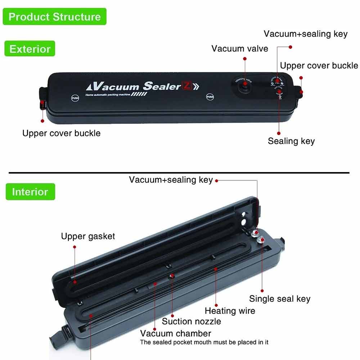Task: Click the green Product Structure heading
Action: [54, 17]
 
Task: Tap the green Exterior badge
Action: [30, 49]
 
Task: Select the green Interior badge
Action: [30, 192]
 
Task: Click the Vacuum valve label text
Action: [240, 49]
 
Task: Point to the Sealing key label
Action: [291, 141]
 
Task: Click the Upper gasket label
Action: [88, 236]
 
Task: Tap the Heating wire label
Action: [230, 311]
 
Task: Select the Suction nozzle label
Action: [191, 321]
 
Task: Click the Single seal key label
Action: [280, 298]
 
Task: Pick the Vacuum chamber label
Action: [176, 333]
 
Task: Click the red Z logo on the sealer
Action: [187, 86]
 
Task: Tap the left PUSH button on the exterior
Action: [75, 98]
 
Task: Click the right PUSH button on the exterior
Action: [210, 97]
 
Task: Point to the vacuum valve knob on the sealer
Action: [244, 85]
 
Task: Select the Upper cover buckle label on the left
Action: [61, 133]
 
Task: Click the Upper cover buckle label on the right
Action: [319, 66]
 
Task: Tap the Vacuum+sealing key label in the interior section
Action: [171, 180]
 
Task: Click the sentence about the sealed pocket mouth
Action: [204, 342]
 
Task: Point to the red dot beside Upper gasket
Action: [75, 247]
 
